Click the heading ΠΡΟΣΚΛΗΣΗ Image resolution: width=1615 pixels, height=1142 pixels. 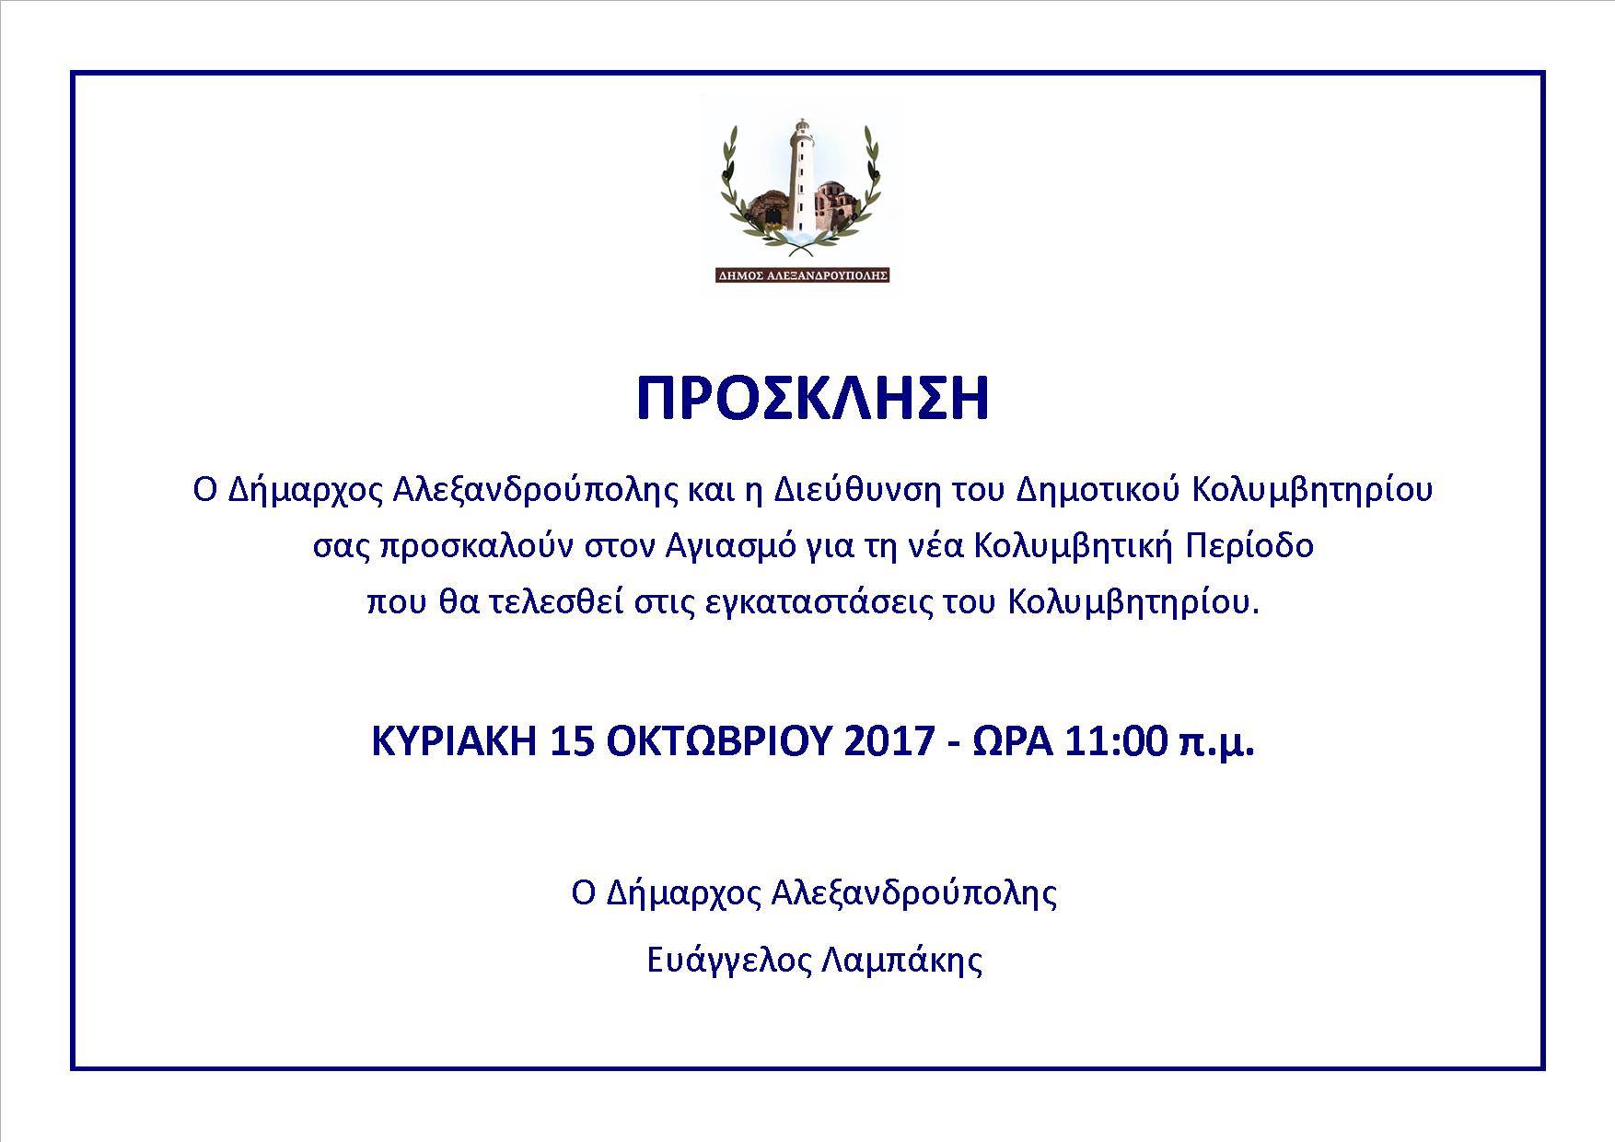813,398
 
